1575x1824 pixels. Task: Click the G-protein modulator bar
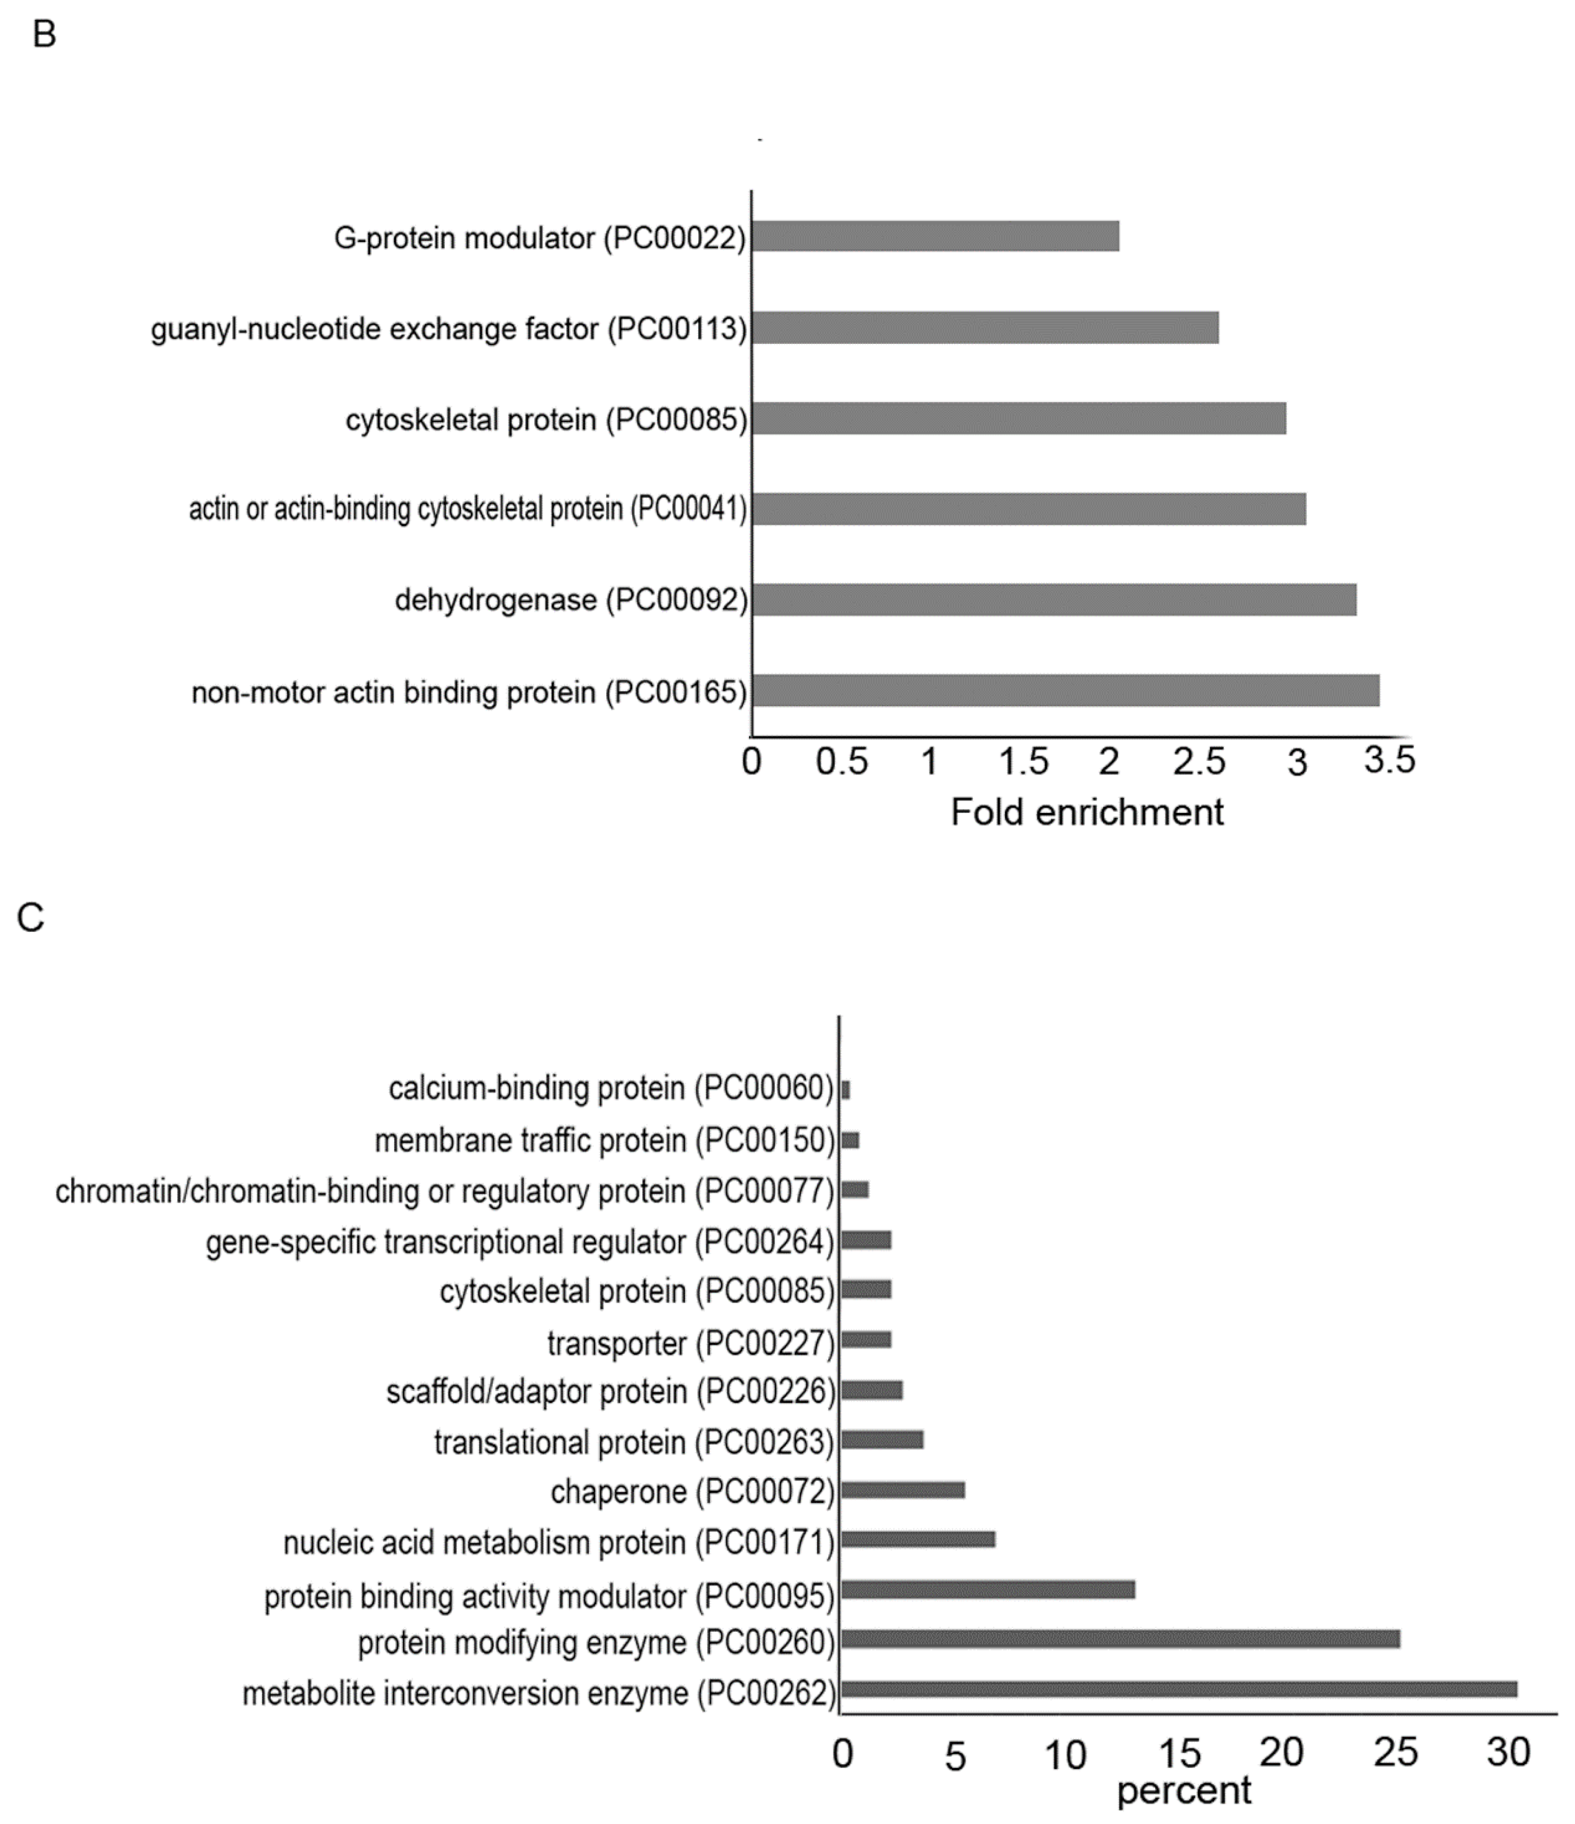point(935,236)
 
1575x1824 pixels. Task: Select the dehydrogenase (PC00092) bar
point(1054,599)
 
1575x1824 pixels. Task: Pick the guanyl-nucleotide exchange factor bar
point(986,328)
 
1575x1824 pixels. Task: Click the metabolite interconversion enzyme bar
point(1179,1689)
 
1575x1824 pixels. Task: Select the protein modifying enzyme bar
point(1120,1638)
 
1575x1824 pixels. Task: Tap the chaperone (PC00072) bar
point(903,1489)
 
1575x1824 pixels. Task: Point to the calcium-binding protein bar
point(846,1090)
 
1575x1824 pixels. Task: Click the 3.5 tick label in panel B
point(1389,760)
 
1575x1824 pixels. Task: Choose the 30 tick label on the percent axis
point(1508,1752)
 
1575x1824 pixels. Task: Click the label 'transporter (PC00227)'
point(690,1343)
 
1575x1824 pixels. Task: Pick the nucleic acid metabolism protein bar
point(918,1539)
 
